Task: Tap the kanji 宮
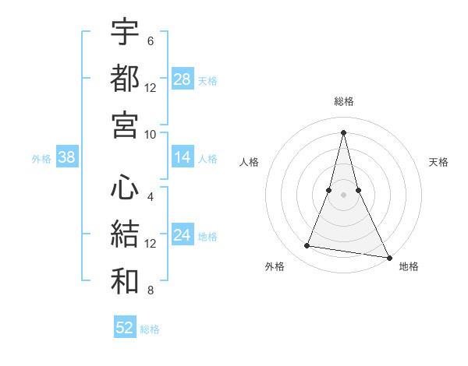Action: point(125,125)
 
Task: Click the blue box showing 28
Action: point(182,79)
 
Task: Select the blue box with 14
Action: point(182,158)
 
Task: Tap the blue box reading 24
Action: point(182,235)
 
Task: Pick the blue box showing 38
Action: point(66,158)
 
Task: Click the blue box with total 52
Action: point(125,328)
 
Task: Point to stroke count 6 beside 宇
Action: point(151,40)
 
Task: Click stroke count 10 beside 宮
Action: point(151,134)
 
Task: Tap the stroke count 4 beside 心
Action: point(151,198)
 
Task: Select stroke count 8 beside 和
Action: point(151,291)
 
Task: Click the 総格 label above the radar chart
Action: point(343,101)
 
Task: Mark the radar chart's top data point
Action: point(343,132)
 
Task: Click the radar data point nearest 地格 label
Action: point(388,257)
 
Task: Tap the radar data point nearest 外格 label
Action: point(307,246)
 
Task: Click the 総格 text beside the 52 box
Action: point(150,329)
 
